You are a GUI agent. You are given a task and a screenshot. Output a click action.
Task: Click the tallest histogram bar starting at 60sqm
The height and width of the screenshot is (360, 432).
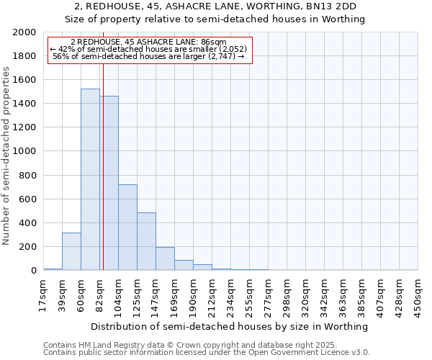click(x=90, y=179)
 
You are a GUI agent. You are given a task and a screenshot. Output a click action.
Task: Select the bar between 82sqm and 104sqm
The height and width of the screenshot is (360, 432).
click(x=109, y=183)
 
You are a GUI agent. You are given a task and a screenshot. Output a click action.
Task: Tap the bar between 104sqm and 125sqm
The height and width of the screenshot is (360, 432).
click(x=128, y=228)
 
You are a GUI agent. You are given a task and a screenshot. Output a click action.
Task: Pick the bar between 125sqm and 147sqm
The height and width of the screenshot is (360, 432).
click(x=147, y=241)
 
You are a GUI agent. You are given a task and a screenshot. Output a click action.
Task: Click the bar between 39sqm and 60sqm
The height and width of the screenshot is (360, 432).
click(x=71, y=251)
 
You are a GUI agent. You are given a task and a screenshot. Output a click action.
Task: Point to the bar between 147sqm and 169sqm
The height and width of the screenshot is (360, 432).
click(x=166, y=258)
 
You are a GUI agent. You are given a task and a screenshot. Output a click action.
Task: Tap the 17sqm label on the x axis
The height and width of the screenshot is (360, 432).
click(x=44, y=294)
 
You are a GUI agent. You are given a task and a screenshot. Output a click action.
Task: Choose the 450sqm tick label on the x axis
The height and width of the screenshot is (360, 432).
click(x=418, y=294)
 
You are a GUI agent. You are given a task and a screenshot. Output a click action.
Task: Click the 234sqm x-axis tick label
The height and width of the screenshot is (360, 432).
click(x=231, y=294)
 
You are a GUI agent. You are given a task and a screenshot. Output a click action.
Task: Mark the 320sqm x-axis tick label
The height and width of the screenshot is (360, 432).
click(x=306, y=294)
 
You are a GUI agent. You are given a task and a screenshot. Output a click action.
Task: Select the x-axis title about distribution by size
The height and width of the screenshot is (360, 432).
click(x=230, y=327)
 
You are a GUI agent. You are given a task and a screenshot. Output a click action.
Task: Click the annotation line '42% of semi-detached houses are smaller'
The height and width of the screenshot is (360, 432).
click(x=149, y=49)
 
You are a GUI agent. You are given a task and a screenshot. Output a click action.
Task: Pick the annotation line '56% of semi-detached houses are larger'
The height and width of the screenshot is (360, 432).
click(x=149, y=56)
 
